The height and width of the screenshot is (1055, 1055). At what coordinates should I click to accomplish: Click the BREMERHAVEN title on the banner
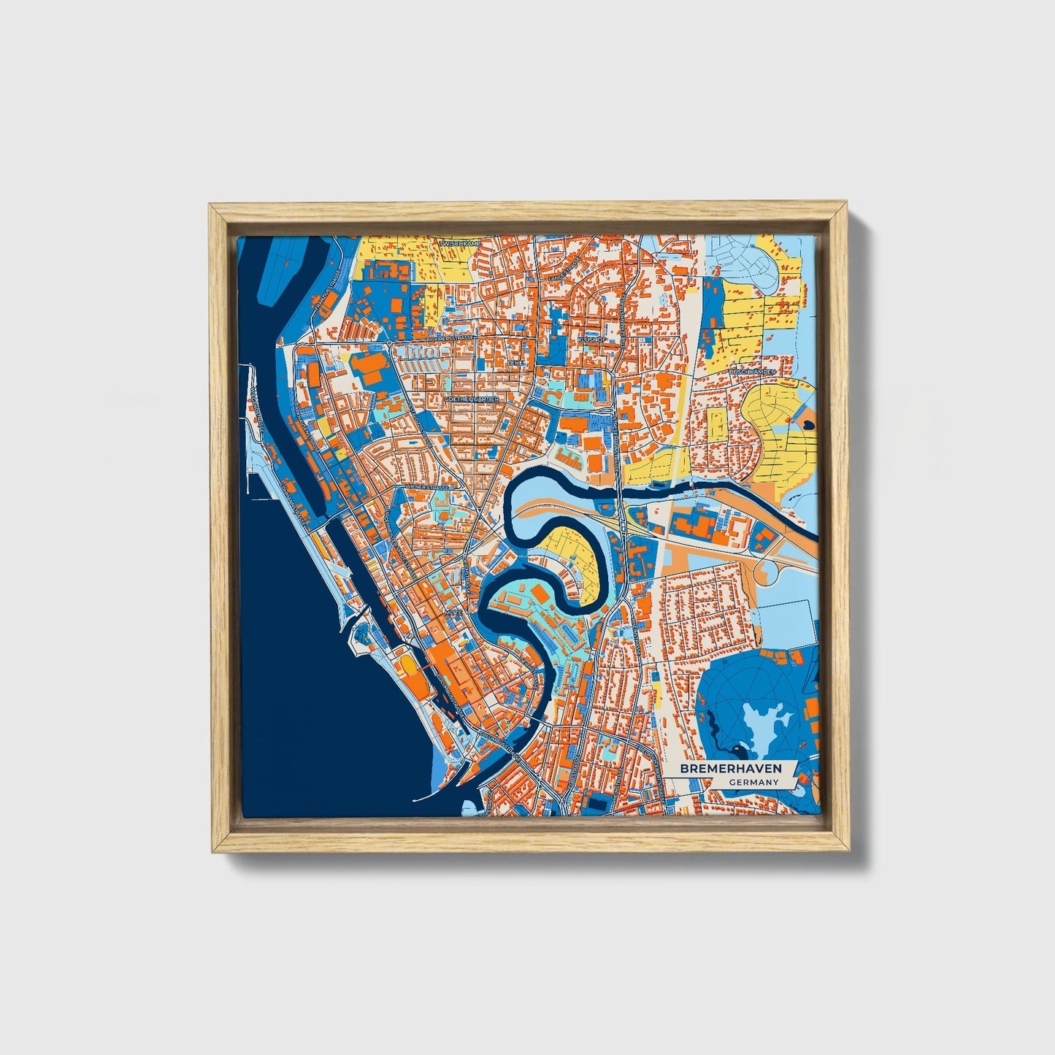coord(730,768)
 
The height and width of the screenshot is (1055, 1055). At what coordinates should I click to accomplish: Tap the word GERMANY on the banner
coord(753,782)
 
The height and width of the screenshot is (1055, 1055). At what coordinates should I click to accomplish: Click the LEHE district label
coord(515,362)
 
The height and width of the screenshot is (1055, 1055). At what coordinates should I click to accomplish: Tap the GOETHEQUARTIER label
coord(471,400)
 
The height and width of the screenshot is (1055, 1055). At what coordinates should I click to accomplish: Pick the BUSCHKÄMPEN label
coord(752,372)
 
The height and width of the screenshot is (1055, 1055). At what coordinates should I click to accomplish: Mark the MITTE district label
coord(453,612)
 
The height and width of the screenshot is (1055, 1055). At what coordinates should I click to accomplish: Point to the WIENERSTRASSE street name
coord(426,486)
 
